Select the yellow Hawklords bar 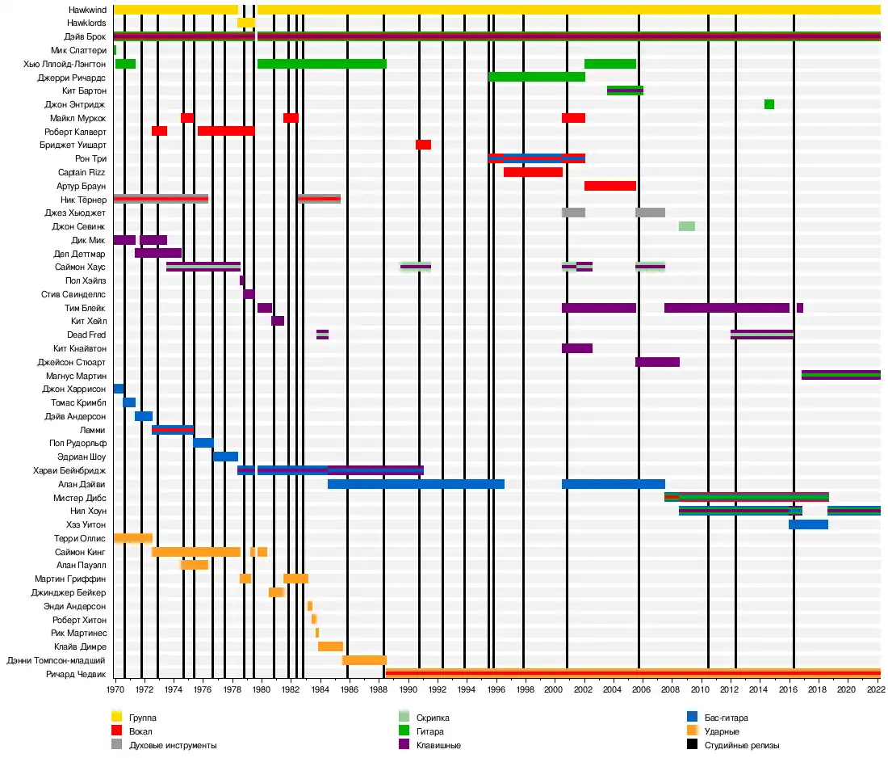[x=245, y=23]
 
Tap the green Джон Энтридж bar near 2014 [x=769, y=104]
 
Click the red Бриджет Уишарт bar [x=423, y=145]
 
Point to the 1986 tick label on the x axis [x=349, y=690]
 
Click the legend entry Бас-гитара [x=726, y=717]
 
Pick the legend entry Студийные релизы [x=742, y=745]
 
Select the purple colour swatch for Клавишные [x=404, y=745]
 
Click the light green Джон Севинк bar [x=686, y=226]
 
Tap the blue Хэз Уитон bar [x=808, y=524]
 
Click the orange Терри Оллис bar [x=133, y=538]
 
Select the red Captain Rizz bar [x=533, y=172]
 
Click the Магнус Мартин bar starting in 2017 [x=840, y=375]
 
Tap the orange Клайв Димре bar [x=330, y=646]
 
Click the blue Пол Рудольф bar [x=203, y=443]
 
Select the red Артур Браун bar [x=609, y=186]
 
